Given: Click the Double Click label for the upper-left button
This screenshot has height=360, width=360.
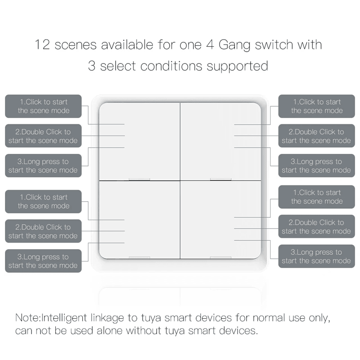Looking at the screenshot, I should pos(43,136).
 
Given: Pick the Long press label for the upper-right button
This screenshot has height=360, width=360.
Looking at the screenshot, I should pos(316,166).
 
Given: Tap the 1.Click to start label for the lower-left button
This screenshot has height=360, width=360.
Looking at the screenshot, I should pos(43,201).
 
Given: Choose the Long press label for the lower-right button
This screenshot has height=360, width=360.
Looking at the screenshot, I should pos(316,256).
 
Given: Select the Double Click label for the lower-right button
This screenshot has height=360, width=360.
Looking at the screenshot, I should pos(316,227).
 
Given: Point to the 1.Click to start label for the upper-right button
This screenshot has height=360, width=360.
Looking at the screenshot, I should pos(316,106).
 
